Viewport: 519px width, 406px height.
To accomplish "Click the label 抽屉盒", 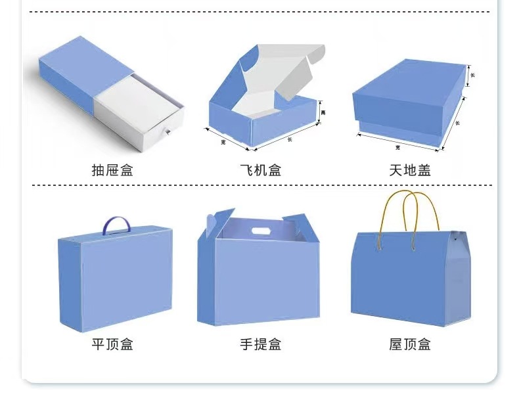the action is coord(112,170).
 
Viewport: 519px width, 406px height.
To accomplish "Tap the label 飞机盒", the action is coord(260,170).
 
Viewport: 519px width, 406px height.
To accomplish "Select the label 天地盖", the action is coord(409,170).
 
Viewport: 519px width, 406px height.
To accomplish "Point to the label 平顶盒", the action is coord(112,344).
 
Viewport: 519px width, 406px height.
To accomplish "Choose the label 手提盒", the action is coord(260,344).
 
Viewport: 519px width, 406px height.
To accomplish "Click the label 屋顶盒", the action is coord(409,344).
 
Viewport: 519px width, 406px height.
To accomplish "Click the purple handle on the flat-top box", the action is coord(116,225).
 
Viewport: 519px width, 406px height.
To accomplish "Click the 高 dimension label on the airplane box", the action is coord(323,113).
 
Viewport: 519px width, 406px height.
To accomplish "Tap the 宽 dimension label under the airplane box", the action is coord(223,141).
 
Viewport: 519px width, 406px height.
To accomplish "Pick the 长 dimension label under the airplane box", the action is coord(290,139).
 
